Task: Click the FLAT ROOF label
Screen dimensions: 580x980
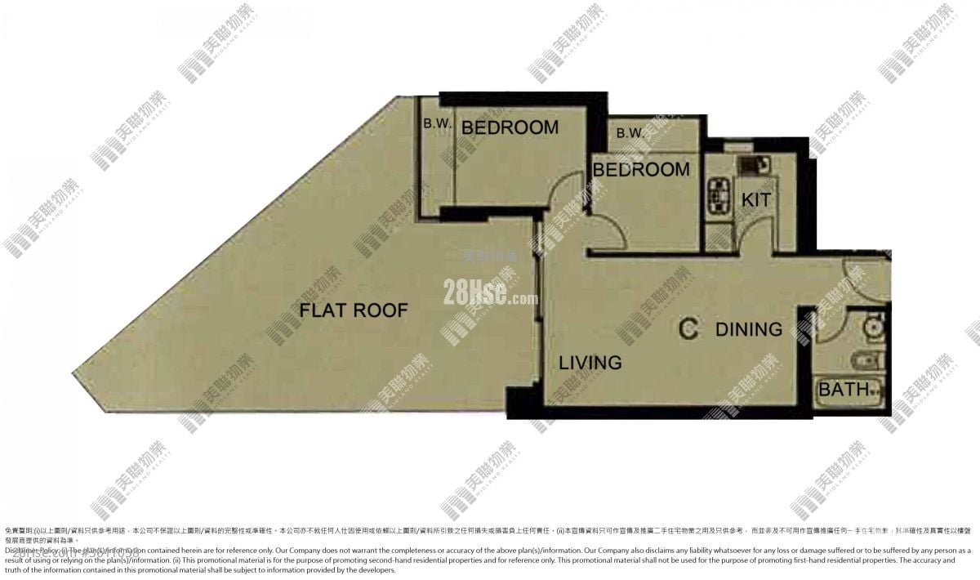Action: [353, 310]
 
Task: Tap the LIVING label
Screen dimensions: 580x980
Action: [590, 362]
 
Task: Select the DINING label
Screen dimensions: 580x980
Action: [748, 329]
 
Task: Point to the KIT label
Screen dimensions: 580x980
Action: [755, 199]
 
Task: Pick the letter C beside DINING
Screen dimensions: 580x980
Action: [688, 329]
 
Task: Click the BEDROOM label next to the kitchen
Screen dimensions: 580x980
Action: [641, 170]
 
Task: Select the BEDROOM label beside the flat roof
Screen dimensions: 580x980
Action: [510, 127]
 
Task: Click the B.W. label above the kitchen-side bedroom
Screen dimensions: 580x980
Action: [631, 133]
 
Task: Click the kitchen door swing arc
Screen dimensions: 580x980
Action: [755, 233]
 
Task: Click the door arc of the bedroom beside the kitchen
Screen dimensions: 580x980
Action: [608, 233]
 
